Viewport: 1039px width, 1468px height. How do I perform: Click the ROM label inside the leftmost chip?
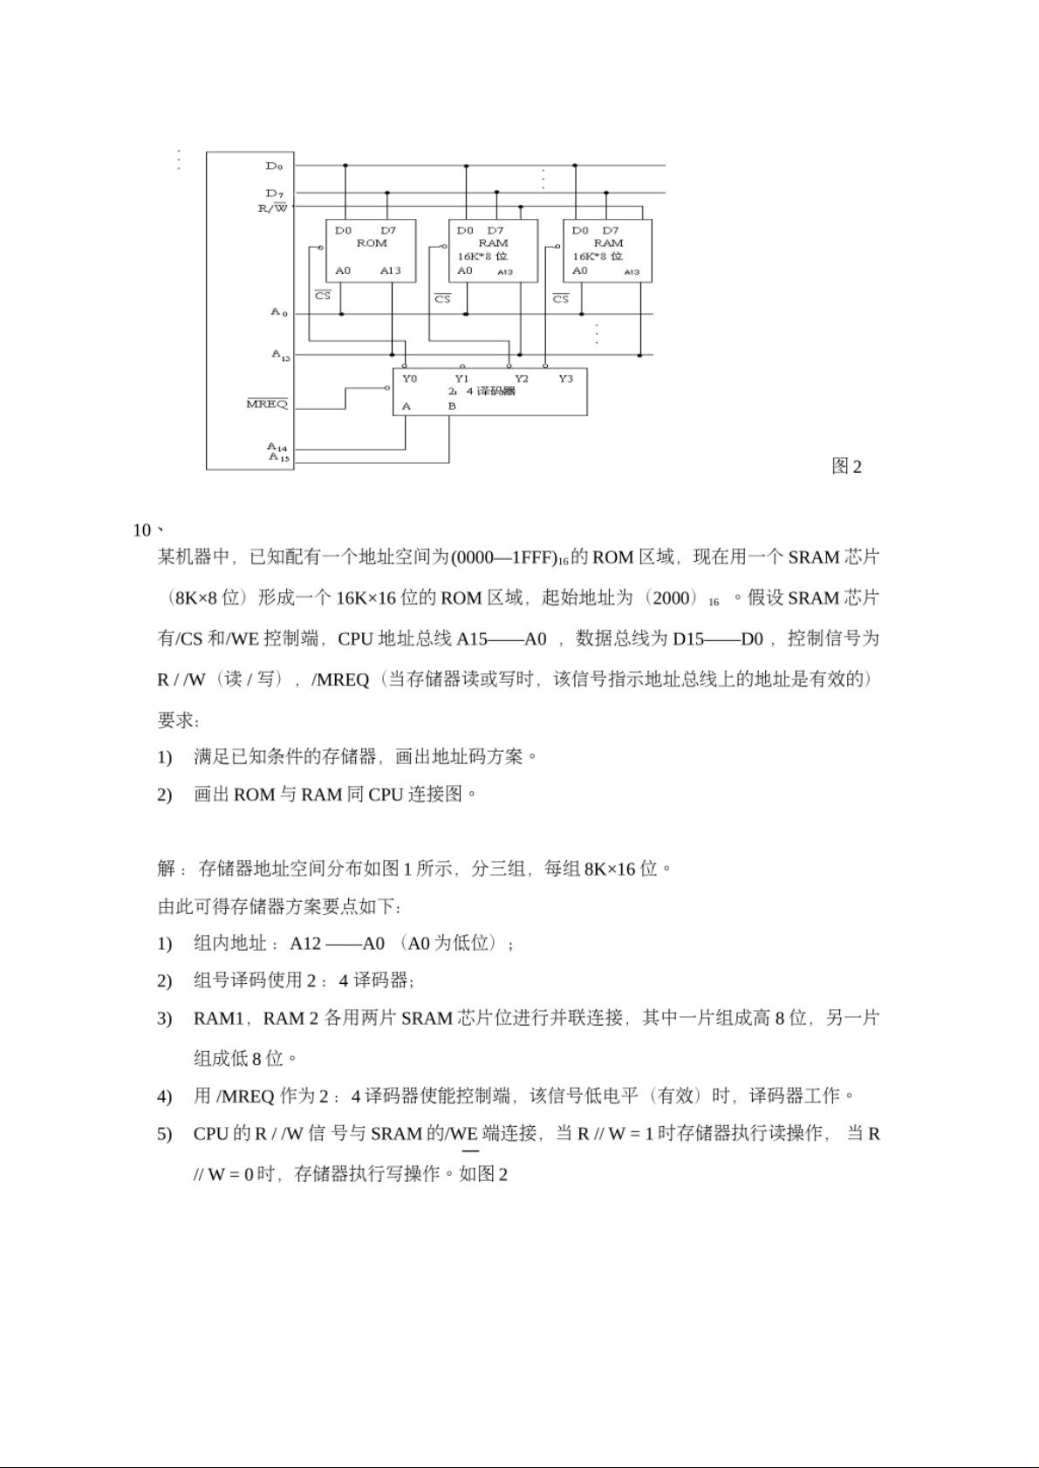372,242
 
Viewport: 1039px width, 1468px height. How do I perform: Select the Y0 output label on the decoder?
409,379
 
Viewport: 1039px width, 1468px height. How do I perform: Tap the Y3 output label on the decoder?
565,379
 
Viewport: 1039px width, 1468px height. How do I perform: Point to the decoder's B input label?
452,406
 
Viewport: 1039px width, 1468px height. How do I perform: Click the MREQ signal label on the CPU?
267,404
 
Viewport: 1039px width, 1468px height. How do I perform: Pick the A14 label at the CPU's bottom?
277,447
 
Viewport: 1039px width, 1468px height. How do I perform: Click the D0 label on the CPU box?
274,166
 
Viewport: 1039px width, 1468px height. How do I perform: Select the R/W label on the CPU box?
272,208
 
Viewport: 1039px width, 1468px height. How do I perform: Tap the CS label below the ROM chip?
323,296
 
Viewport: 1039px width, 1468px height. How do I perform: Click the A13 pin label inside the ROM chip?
390,270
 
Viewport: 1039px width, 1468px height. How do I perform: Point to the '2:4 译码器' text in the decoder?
482,391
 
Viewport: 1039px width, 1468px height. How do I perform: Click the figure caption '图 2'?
846,467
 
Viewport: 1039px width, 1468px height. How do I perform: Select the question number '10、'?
147,530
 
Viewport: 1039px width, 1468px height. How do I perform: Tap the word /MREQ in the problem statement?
340,679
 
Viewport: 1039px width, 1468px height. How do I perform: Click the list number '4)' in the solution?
165,1096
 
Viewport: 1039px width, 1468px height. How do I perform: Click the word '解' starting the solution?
167,868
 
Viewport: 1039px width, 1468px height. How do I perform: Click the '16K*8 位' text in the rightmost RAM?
598,256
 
